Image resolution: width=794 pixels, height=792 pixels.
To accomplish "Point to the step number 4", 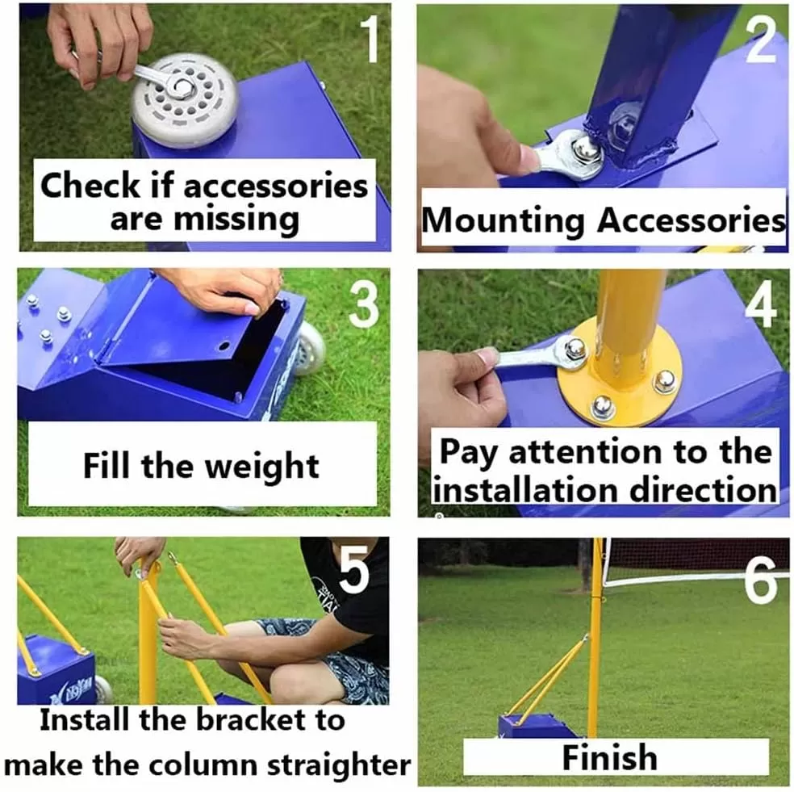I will tap(760, 304).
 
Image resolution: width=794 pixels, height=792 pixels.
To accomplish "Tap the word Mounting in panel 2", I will tap(504, 220).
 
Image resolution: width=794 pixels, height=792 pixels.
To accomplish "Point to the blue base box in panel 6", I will tap(536, 726).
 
